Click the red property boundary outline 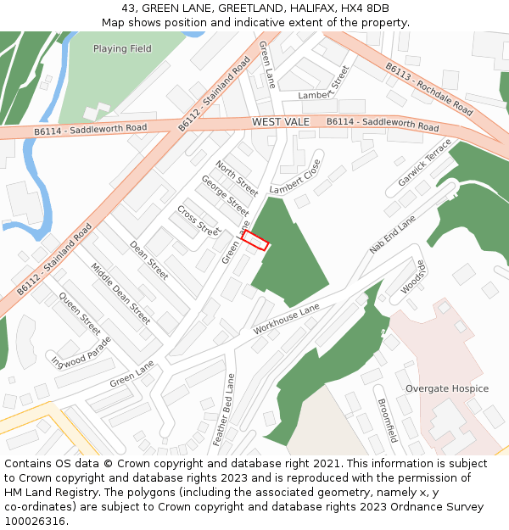point(255,241)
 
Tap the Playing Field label point(122,49)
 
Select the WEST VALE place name point(281,123)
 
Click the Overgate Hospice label point(446,389)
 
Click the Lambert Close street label point(295,176)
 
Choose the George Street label point(225,194)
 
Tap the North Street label point(237,177)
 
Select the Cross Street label point(199,220)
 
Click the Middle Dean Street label point(120,293)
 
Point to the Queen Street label point(80,313)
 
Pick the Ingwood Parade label point(81,352)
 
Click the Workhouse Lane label point(286,317)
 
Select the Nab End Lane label point(393,235)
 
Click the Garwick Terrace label point(425,163)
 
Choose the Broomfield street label point(387,421)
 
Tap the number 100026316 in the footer point(35,522)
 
